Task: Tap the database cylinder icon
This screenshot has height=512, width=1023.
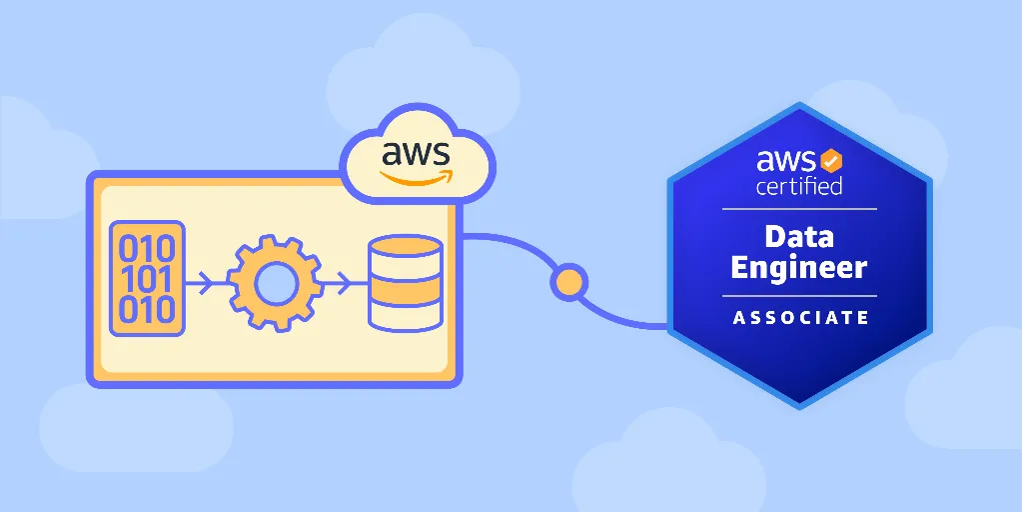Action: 406,283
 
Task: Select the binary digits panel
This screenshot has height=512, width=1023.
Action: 147,279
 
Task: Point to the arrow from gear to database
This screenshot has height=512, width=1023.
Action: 338,283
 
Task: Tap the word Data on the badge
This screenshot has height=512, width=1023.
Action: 799,236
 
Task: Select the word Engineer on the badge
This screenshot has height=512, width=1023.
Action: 799,268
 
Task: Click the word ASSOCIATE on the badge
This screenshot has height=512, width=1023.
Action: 800,318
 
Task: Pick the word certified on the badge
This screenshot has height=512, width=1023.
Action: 798,185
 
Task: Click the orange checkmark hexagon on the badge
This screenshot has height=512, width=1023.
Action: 830,161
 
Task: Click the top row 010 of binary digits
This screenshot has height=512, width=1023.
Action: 147,249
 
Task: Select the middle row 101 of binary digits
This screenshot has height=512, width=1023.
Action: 147,280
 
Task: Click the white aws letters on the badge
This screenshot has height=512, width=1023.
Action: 785,161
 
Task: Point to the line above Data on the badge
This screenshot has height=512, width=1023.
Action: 799,209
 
